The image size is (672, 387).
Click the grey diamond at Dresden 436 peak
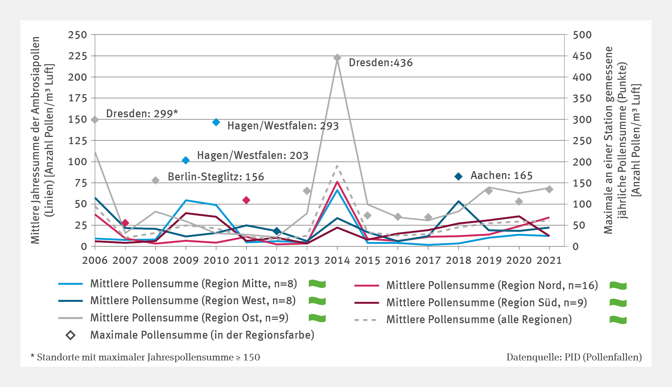click(337, 58)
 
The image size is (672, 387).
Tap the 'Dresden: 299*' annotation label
click(142, 113)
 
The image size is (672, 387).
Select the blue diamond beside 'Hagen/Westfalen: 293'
click(216, 122)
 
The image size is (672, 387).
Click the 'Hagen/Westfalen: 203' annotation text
click(252, 156)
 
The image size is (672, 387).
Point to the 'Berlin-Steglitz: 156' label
click(216, 177)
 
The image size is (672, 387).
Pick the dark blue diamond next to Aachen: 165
click(458, 177)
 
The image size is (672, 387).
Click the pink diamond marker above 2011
click(246, 200)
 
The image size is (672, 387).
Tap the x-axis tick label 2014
click(337, 260)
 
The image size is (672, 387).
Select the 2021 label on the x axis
click(549, 260)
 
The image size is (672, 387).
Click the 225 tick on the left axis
click(77, 56)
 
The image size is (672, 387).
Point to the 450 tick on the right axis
click(582, 56)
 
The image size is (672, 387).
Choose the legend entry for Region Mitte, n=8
click(193, 284)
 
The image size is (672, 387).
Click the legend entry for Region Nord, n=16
click(492, 286)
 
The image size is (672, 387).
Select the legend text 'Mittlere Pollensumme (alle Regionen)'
click(479, 320)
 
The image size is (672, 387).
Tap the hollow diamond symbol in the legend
click(71, 335)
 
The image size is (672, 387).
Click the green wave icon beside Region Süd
click(618, 303)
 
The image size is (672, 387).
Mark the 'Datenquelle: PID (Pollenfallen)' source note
click(574, 357)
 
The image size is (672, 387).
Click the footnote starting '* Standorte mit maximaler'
click(145, 357)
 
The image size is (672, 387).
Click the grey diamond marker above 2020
click(519, 201)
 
